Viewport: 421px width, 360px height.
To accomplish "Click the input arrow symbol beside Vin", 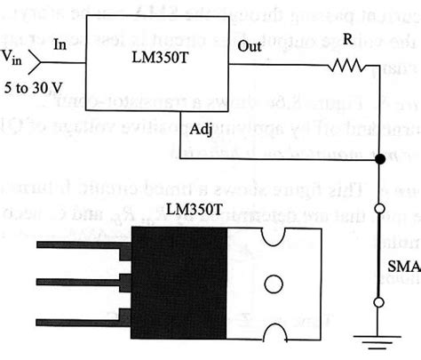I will coord(33,60).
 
